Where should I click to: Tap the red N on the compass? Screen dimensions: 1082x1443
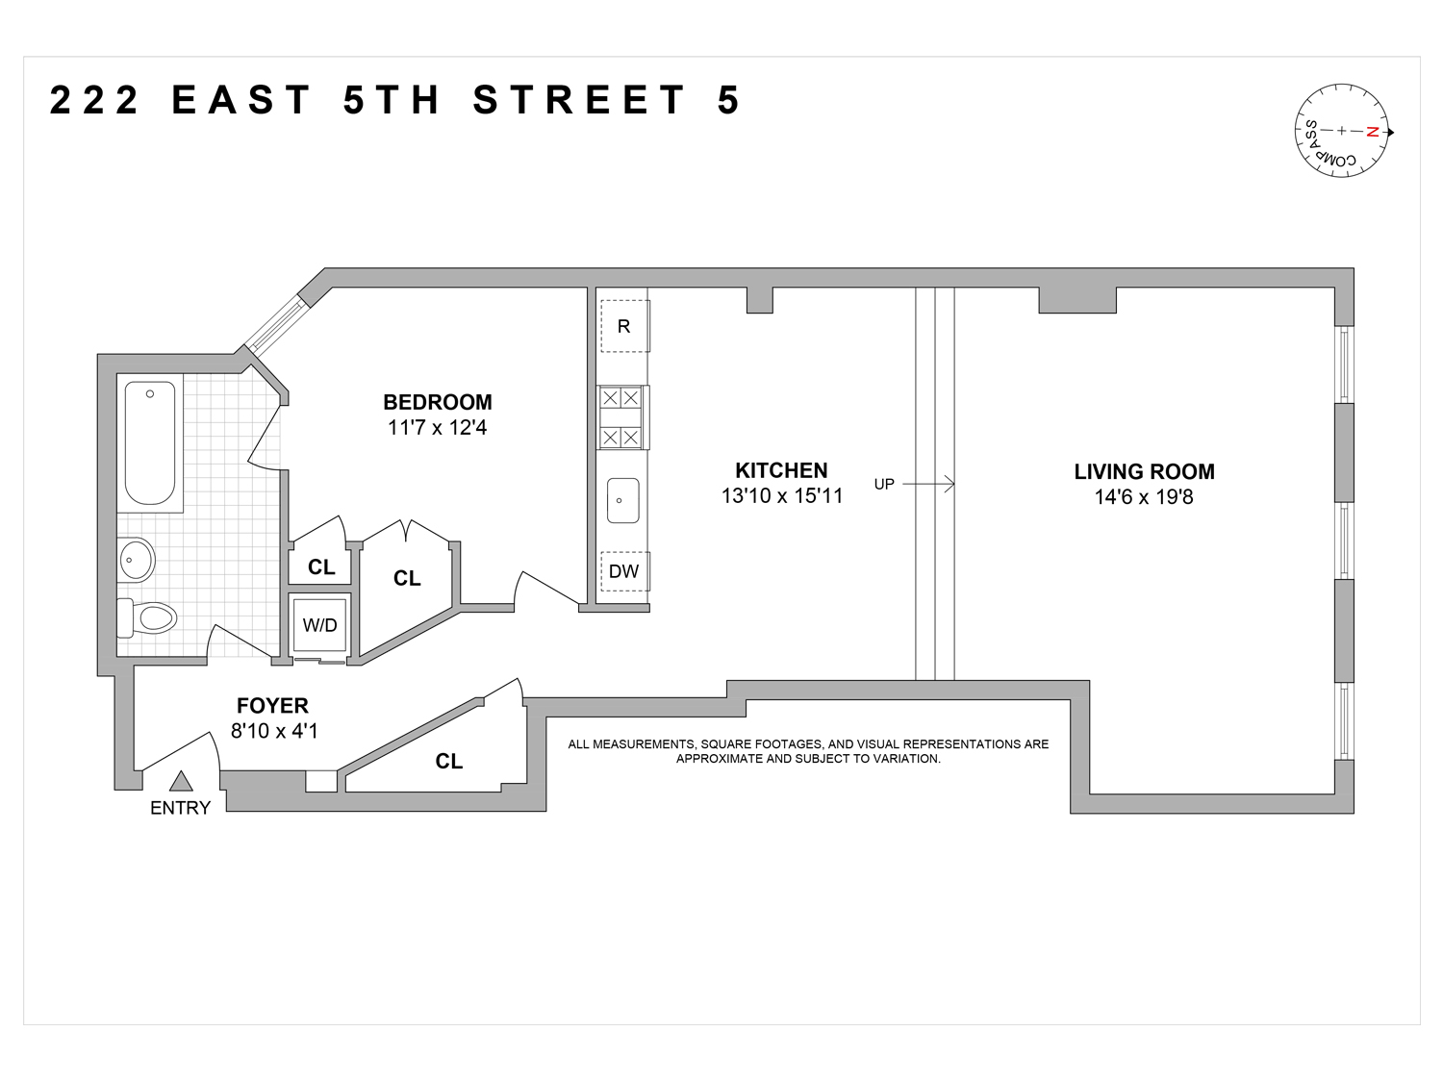(x=1374, y=132)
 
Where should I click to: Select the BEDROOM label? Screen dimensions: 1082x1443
(x=437, y=402)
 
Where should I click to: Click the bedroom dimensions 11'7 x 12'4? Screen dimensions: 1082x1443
(x=437, y=428)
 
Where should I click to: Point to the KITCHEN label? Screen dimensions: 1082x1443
(x=781, y=470)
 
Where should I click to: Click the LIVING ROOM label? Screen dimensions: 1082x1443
(x=1144, y=471)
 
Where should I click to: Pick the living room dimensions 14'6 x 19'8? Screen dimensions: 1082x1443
(x=1144, y=497)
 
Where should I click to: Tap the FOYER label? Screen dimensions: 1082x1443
(x=272, y=707)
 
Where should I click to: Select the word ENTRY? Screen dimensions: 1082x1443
(x=180, y=808)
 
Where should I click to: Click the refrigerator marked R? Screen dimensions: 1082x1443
(x=623, y=326)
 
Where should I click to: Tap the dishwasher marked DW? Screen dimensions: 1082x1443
(x=623, y=571)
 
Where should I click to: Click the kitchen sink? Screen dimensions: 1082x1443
(x=622, y=500)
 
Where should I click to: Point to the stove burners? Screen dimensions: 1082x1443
(x=620, y=417)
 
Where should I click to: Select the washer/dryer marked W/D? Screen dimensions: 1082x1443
(x=320, y=625)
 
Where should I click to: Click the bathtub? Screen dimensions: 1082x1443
(x=150, y=443)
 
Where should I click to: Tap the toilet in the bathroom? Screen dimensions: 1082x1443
(x=148, y=616)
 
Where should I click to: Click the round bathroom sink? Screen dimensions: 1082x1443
(x=137, y=559)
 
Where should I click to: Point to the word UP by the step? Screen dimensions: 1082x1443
(x=884, y=484)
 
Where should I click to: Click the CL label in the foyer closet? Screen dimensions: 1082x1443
(x=448, y=761)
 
